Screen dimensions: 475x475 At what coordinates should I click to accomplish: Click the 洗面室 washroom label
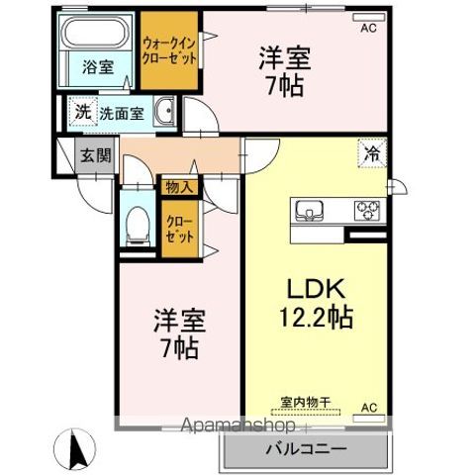click(122, 112)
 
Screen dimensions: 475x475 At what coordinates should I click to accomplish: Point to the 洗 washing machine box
click(81, 112)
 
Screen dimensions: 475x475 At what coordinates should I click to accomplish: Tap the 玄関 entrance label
click(96, 155)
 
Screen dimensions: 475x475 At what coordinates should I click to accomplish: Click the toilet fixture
click(137, 223)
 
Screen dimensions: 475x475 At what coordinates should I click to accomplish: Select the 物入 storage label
click(179, 185)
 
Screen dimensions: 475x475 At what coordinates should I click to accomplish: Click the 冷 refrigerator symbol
click(373, 154)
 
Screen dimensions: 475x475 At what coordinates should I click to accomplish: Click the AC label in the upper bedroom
click(367, 29)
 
